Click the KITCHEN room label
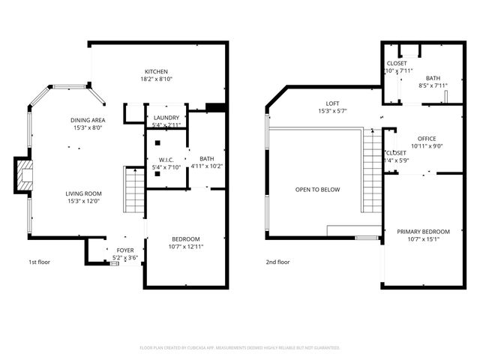(156, 71)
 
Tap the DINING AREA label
(88, 120)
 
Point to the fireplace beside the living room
(24, 176)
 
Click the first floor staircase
(133, 190)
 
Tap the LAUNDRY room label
(166, 118)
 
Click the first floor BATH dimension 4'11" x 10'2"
(206, 166)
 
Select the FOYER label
(125, 250)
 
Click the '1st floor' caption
(40, 262)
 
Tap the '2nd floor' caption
(277, 262)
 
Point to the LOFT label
(332, 103)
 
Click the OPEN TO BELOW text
(317, 190)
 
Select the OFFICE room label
(427, 139)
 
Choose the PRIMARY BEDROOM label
(423, 232)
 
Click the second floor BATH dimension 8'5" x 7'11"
(433, 85)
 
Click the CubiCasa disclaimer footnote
(240, 348)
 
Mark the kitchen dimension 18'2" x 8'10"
(156, 79)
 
